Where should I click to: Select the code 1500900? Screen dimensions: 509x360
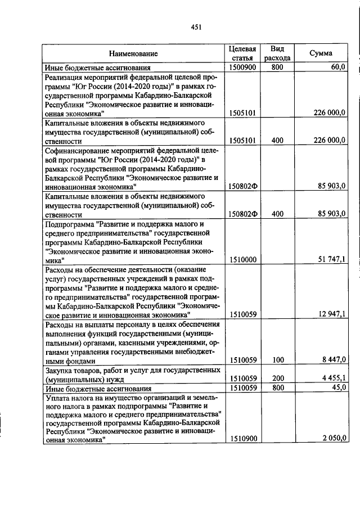click(x=243, y=67)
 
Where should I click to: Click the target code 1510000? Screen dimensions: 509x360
click(x=243, y=260)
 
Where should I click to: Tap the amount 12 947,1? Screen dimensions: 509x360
click(x=332, y=314)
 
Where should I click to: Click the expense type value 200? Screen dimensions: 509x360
click(x=277, y=379)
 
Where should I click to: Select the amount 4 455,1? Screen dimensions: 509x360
click(x=334, y=379)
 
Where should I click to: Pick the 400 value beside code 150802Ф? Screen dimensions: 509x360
click(x=277, y=214)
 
